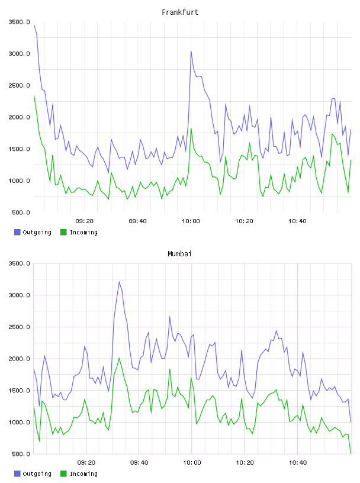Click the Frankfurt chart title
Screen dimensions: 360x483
pos(180,12)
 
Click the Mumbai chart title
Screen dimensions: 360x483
pos(179,254)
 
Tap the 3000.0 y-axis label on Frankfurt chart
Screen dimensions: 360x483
pos(19,54)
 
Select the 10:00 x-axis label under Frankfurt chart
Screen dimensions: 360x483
pos(191,221)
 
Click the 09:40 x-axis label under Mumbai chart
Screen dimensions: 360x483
pos(139,462)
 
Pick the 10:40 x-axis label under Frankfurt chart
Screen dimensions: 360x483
pos(297,221)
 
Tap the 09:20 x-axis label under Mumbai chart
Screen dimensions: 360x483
pos(86,462)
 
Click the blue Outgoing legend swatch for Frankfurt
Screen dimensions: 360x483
pos(17,232)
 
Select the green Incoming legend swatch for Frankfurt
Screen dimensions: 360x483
pos(63,232)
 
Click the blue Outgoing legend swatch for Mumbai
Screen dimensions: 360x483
pos(17,474)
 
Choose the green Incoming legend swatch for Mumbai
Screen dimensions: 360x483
pos(63,474)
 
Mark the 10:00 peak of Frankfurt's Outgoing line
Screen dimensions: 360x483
pos(191,51)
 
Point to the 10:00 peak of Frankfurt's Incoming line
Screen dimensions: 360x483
pos(191,129)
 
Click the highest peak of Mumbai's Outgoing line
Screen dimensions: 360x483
pos(119,282)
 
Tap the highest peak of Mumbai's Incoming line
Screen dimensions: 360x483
pos(119,358)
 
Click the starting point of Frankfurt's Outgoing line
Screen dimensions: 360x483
pos(34,25)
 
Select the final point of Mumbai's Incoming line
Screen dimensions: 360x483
pos(351,453)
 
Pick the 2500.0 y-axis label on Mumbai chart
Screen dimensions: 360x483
pos(19,327)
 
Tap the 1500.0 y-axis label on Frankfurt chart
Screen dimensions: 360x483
pos(19,149)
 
